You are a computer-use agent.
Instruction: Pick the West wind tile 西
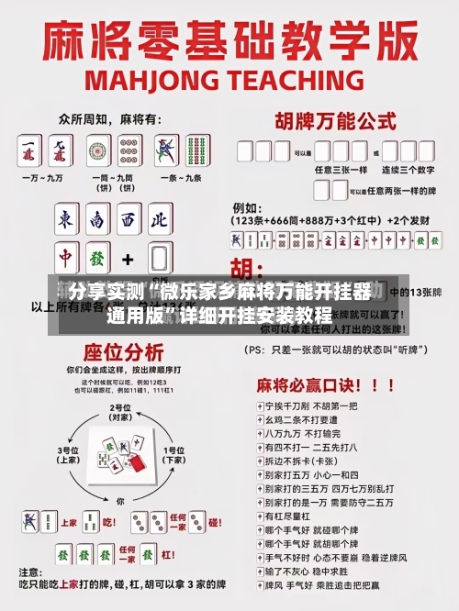(129, 220)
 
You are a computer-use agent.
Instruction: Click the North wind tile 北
(160, 220)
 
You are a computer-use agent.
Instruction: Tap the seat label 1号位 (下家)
(173, 454)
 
